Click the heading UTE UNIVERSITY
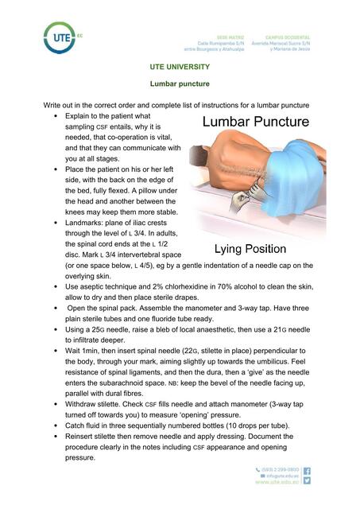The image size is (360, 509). tap(180, 67)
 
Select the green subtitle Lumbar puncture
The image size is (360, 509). tap(180, 83)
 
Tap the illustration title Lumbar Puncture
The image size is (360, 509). tap(255, 122)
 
